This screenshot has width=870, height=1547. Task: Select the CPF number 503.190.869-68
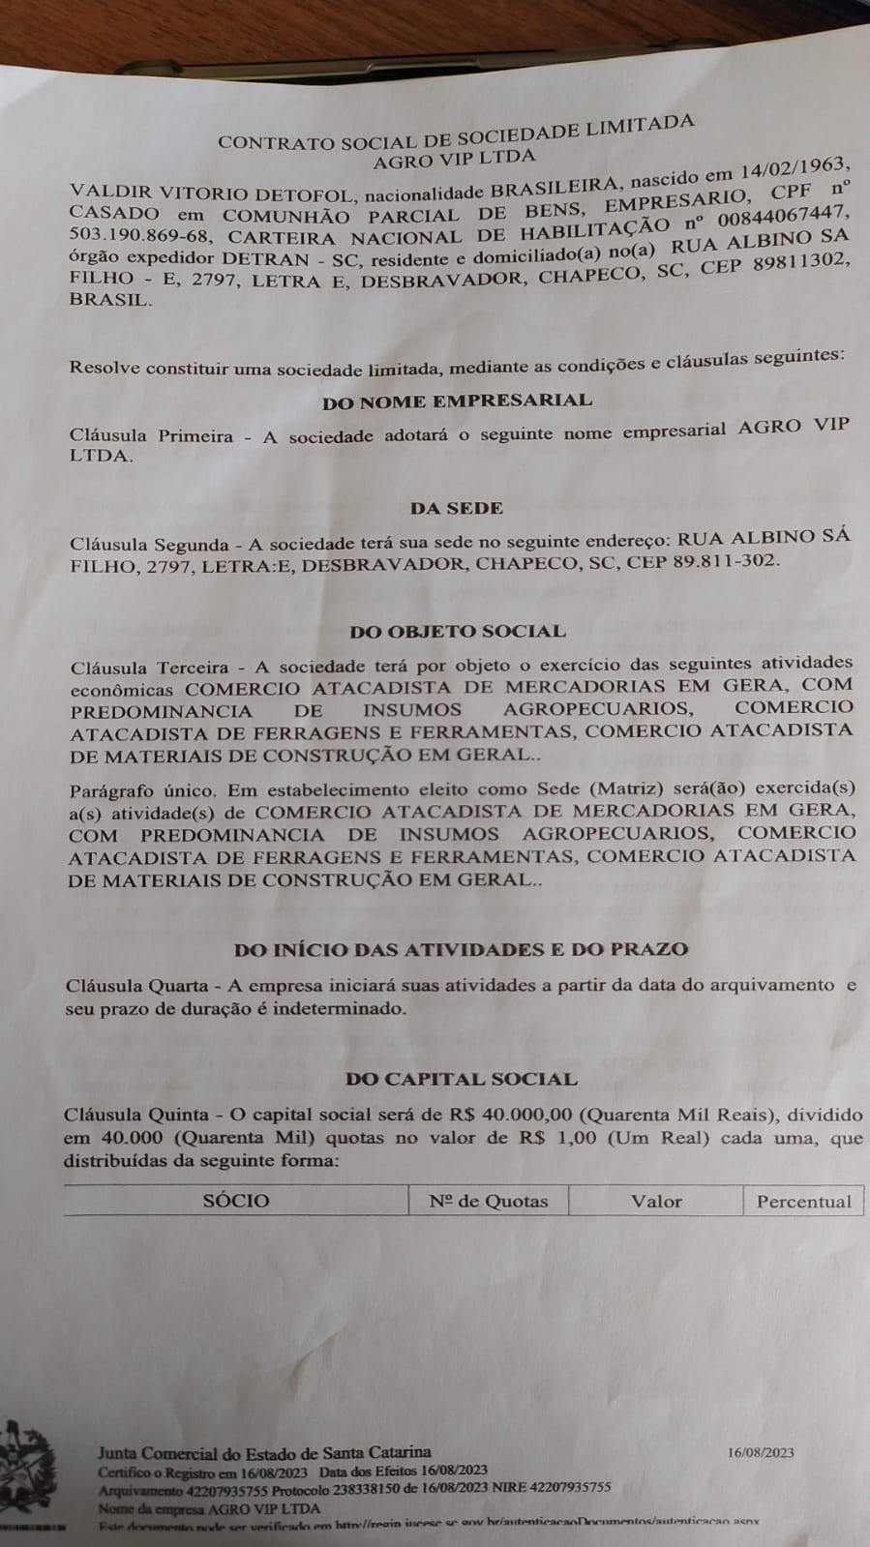(140, 238)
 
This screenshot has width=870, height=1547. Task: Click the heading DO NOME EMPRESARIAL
(457, 401)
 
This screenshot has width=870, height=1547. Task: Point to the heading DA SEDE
(457, 508)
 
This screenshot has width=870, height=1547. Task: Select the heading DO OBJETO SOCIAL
(458, 632)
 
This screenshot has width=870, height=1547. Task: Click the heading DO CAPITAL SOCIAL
(461, 1079)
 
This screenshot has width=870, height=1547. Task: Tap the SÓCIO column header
(236, 1201)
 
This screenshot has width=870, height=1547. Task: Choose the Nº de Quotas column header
(489, 1202)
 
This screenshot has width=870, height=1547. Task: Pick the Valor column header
(656, 1202)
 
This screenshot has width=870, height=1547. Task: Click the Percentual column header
(803, 1202)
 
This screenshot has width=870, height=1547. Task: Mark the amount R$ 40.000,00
(512, 1116)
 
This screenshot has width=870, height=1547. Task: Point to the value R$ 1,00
(557, 1138)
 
